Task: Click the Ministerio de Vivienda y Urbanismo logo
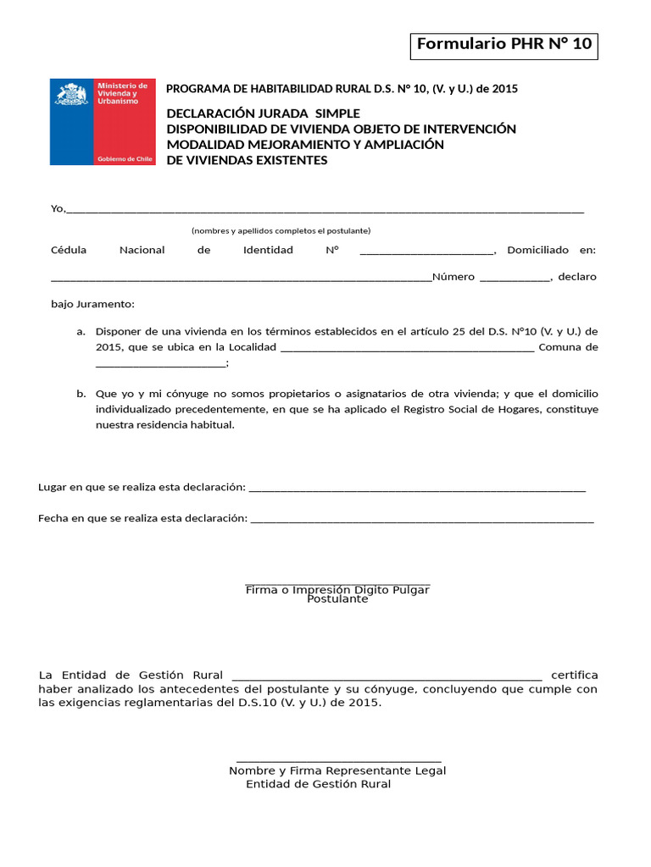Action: tap(103, 122)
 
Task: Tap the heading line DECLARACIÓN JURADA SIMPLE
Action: tap(263, 113)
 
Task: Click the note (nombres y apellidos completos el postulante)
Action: tap(281, 230)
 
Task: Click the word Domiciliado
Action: tap(537, 250)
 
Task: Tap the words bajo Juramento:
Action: tap(92, 304)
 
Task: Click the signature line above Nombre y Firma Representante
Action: tap(338, 762)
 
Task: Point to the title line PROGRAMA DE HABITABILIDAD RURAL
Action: tap(342, 89)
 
